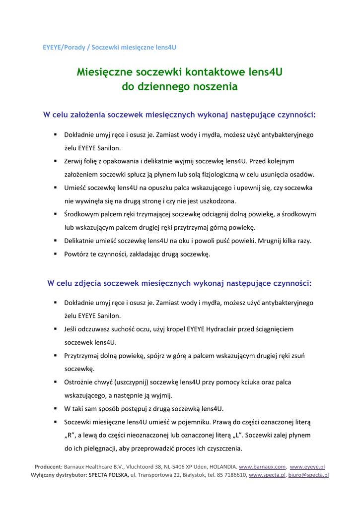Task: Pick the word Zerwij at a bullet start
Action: click(x=74, y=161)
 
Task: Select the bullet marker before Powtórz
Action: click(x=56, y=254)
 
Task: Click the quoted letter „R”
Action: click(x=71, y=436)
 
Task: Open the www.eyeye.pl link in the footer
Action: click(x=307, y=467)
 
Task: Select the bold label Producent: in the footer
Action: click(x=48, y=467)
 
